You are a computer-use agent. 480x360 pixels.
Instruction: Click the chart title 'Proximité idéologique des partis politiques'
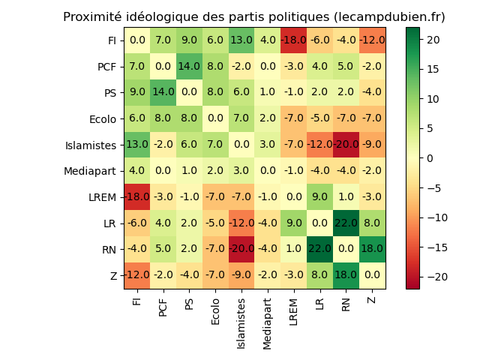(253, 17)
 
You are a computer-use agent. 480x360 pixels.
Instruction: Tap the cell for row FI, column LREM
(294, 40)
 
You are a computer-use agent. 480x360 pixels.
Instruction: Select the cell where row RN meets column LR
(320, 250)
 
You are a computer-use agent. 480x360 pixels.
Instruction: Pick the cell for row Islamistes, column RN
(346, 145)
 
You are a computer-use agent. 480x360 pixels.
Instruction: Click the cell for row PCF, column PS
(190, 67)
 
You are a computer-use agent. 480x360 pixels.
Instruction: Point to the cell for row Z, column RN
(346, 276)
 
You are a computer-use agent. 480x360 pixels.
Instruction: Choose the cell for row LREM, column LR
(320, 197)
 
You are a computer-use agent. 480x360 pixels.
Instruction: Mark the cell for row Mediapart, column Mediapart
(268, 171)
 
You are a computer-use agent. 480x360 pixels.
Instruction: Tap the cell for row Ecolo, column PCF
(163, 118)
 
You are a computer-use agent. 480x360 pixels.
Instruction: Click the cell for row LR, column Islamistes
(241, 223)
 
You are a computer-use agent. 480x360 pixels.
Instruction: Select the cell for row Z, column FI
(137, 276)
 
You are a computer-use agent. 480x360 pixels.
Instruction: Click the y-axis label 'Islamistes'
(91, 145)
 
